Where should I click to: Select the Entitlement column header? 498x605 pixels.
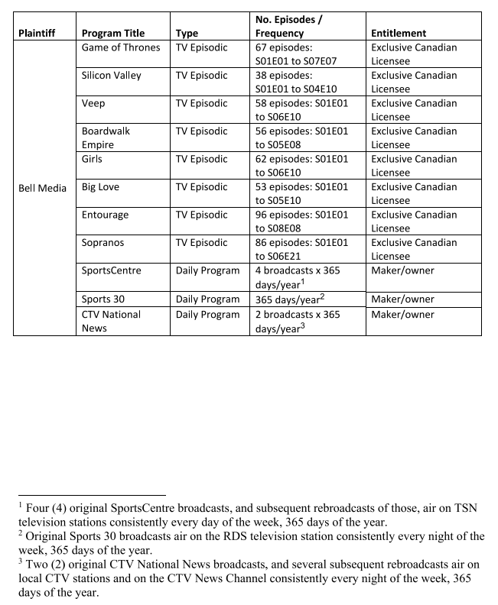pos(399,34)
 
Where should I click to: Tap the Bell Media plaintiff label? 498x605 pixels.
pos(42,187)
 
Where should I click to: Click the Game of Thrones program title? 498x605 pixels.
pos(121,47)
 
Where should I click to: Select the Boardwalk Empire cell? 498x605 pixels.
pos(106,137)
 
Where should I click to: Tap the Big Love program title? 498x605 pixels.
pos(100,187)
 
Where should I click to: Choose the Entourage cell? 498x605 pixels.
pos(106,215)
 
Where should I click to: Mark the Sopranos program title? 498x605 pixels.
pos(104,243)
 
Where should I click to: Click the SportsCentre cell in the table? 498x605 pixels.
pos(111,270)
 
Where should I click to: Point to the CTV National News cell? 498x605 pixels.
pos(111,321)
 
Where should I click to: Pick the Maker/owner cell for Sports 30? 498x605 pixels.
pos(402,299)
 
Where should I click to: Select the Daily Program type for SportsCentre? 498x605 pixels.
pos(207,270)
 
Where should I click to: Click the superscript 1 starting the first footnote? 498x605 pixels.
pos(22,505)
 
